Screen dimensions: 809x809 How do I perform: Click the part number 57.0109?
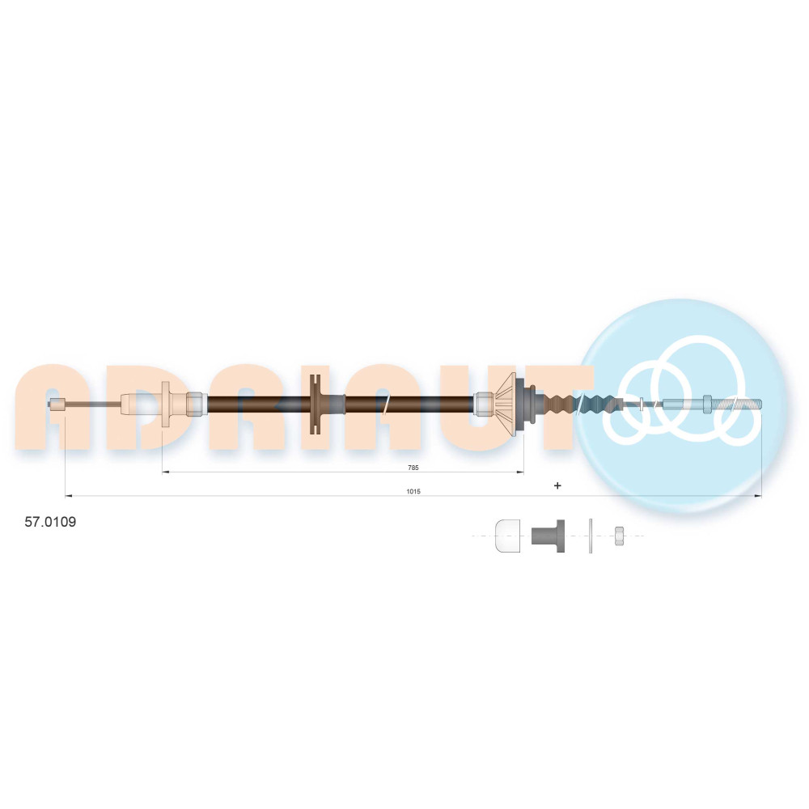tap(50, 522)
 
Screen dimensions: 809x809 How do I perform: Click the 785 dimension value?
tap(413, 468)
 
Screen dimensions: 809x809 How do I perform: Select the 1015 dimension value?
tap(413, 491)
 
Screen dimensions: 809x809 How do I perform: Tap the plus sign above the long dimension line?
tap(557, 485)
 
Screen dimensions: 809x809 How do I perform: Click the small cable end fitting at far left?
tap(57, 404)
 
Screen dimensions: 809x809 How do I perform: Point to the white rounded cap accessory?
tap(507, 536)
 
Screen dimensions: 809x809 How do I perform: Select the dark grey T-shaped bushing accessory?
tap(548, 536)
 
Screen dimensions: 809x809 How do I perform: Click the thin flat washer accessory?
tap(591, 536)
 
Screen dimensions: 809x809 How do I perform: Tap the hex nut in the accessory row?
tap(619, 536)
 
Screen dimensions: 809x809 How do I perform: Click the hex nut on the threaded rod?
tap(707, 404)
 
